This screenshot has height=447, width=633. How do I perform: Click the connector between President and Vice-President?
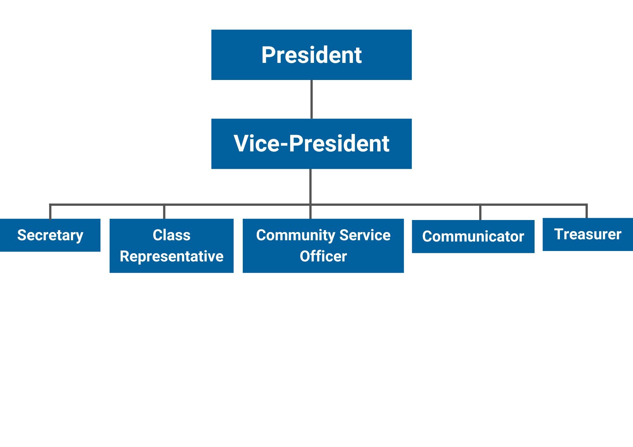311,99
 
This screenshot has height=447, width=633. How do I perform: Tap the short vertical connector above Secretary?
50,212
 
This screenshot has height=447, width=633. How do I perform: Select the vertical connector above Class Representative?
164,212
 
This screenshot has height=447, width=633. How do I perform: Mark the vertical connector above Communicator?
480,212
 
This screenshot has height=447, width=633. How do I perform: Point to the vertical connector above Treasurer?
586,211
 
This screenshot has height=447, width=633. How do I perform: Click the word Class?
172,235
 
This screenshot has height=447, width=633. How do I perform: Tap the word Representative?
172,256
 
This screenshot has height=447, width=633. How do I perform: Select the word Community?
296,235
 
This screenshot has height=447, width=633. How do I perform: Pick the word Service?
365,235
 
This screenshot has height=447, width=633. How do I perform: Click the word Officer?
323,256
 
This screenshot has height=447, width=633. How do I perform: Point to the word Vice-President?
311,144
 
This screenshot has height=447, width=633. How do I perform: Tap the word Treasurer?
588,234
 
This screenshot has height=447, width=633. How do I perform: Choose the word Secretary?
50,235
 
